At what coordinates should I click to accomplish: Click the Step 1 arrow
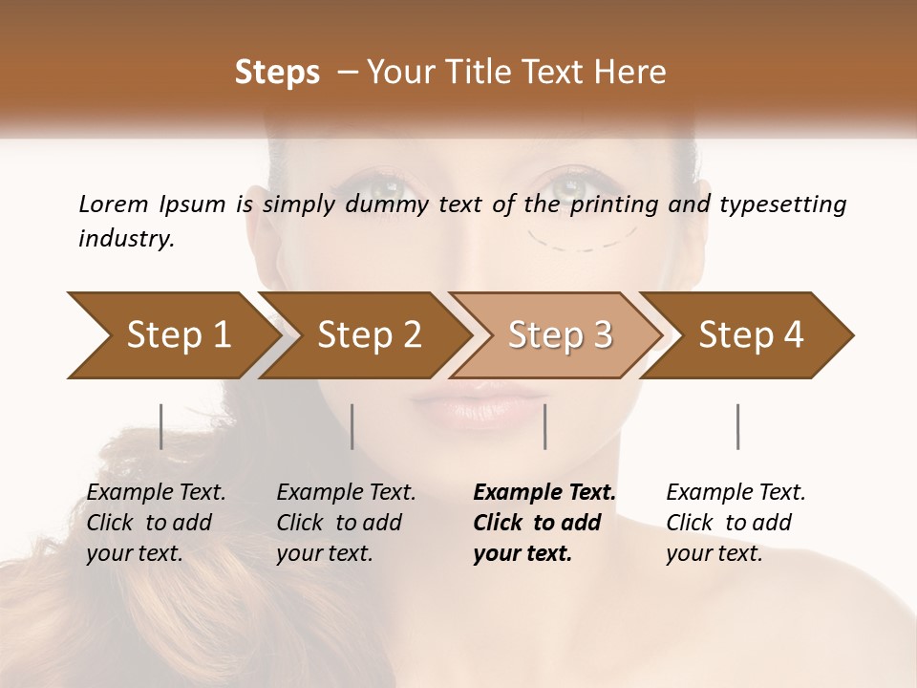172,335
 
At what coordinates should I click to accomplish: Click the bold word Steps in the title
277,73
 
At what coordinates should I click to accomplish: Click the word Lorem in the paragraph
113,204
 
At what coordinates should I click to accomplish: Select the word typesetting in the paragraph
782,204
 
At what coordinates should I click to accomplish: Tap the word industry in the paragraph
124,239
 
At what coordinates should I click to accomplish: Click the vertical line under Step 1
161,426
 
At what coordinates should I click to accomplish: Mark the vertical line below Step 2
352,426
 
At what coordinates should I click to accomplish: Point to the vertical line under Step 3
544,426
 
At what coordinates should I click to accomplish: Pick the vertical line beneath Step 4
737,426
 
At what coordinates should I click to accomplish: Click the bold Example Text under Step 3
544,493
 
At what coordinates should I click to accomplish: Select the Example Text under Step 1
156,493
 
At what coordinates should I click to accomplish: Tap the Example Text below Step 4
736,493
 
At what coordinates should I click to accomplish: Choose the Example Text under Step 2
346,493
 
